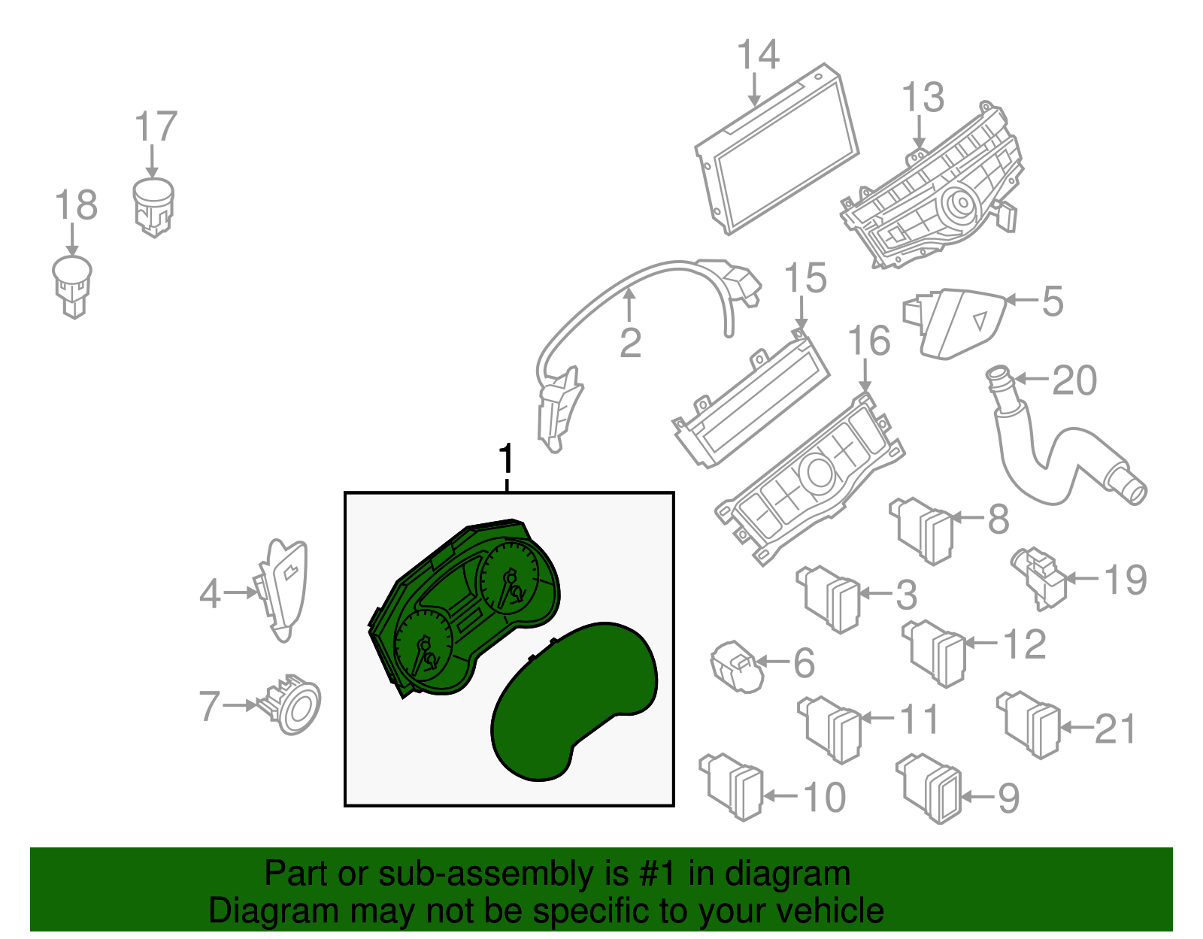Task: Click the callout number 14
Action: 758,54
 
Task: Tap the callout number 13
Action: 923,98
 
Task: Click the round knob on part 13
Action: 962,204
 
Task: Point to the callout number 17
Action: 156,126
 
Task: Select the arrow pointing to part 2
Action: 629,305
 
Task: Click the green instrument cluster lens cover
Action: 574,701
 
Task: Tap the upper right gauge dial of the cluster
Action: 509,578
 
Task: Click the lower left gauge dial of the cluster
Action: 423,647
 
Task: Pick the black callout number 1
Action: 506,459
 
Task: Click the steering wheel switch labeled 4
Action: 280,590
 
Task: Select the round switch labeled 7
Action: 292,704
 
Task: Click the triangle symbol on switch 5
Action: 980,322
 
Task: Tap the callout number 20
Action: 1074,380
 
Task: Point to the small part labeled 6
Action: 737,666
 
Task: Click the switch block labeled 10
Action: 732,786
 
